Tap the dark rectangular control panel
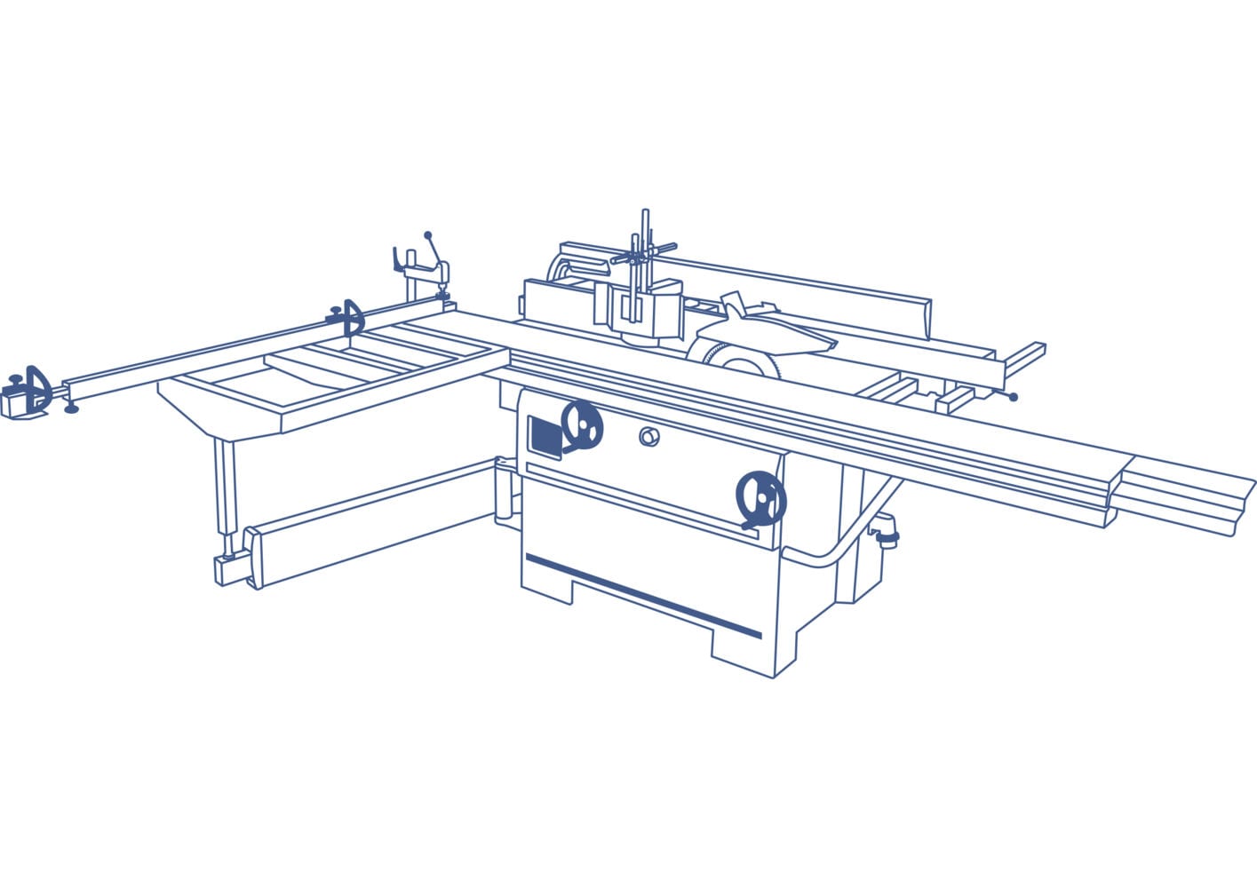click(x=545, y=436)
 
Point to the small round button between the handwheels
click(x=649, y=436)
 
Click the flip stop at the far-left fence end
click(x=34, y=389)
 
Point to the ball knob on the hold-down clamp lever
click(x=427, y=235)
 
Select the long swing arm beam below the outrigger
click(x=373, y=524)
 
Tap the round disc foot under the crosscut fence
click(x=72, y=409)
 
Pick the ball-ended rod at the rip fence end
click(x=1012, y=397)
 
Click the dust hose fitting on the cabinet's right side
click(x=885, y=534)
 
